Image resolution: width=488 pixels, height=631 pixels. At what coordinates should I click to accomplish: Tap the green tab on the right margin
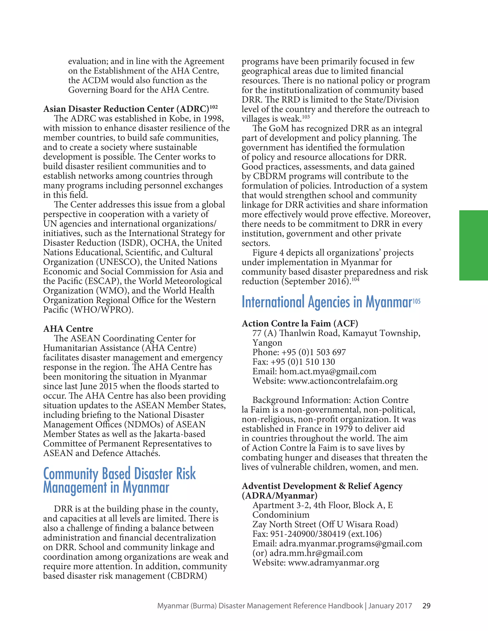point(473,245)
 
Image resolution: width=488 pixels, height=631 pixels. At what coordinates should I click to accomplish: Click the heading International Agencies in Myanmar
point(327,302)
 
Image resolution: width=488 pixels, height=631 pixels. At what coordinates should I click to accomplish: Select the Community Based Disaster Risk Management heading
point(119,481)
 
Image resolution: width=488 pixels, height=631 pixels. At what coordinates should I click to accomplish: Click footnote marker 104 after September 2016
point(355,279)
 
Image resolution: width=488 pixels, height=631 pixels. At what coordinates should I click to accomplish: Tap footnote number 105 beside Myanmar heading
point(416,301)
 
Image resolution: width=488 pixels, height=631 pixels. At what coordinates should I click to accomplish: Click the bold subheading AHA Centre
point(68,329)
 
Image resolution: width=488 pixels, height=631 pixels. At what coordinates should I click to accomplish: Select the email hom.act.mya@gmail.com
point(328,371)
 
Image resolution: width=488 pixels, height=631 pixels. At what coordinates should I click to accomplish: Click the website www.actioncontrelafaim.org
point(343,381)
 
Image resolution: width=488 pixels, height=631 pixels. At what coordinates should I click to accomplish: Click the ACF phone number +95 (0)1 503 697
point(313,352)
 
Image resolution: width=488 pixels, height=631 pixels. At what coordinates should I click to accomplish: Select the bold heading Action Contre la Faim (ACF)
point(300,323)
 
